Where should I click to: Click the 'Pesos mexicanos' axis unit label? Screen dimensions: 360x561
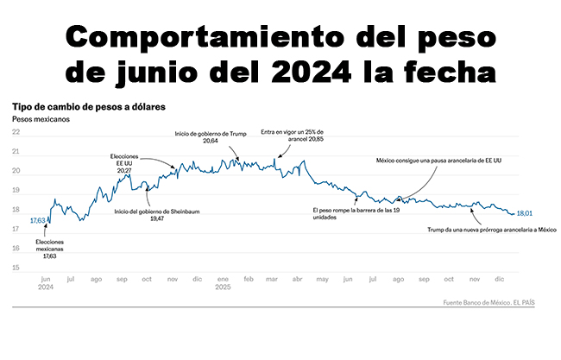(41, 119)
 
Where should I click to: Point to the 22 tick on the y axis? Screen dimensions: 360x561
(16, 132)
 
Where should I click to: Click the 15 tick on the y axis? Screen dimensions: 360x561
(16, 268)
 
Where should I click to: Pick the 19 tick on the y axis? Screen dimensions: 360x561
(16, 190)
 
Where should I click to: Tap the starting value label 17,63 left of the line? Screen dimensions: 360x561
(38, 221)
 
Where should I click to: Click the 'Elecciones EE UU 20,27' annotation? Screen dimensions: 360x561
(124, 163)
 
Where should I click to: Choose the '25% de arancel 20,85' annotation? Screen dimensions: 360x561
(297, 137)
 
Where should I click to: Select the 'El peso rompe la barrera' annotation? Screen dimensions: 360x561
(354, 213)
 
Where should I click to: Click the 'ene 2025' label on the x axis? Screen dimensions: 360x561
(224, 284)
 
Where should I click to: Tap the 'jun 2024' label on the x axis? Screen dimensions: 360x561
(47, 284)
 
